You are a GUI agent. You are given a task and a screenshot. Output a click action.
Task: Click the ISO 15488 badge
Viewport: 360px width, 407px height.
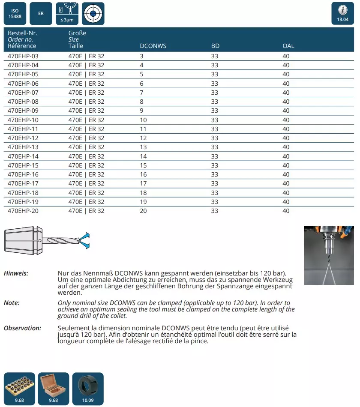(15, 13)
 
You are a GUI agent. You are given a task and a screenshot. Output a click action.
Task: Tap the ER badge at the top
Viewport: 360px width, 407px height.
(41, 13)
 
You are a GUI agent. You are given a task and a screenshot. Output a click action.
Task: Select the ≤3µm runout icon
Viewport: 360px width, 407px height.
(67, 13)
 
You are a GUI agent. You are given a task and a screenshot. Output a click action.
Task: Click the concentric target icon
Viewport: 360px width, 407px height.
(93, 13)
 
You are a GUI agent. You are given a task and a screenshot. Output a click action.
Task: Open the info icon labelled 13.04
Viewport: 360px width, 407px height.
(343, 13)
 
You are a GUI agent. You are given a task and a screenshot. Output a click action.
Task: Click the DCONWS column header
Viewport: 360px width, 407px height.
(153, 46)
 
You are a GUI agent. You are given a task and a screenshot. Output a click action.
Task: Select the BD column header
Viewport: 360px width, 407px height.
(215, 46)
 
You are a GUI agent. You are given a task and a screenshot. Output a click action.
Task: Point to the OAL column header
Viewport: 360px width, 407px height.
(288, 46)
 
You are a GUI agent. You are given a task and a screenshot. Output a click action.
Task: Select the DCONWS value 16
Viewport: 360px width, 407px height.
(143, 174)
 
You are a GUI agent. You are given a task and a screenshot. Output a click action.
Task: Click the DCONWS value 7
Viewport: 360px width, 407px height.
(142, 93)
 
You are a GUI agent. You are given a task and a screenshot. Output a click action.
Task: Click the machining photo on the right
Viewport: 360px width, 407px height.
(329, 255)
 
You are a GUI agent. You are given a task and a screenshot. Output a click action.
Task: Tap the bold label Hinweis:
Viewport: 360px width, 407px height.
(16, 273)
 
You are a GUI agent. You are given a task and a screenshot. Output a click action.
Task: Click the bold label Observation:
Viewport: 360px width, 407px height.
(22, 328)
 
